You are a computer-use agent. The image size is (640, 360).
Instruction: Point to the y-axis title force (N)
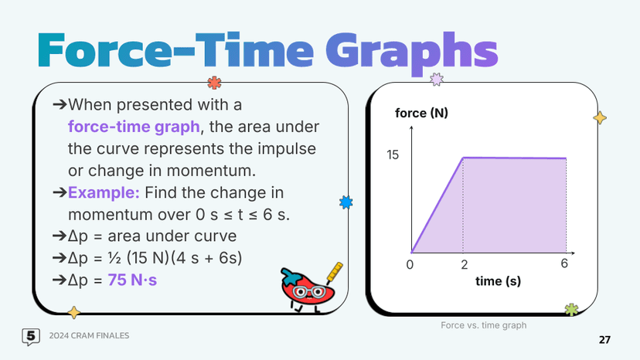tap(421, 114)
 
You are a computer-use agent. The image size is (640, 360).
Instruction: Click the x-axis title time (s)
tap(497, 281)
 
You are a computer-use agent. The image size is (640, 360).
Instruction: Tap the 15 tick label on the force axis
tap(393, 155)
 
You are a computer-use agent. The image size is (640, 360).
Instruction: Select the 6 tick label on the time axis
tap(565, 264)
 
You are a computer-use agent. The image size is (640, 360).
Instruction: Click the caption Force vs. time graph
tap(483, 325)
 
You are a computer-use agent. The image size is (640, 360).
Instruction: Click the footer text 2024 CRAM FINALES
tap(89, 336)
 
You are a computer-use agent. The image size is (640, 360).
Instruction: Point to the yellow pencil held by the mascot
tap(334, 272)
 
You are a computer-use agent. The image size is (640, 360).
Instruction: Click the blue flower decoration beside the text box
tap(346, 202)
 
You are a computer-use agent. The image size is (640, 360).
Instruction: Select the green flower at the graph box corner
tap(571, 310)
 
